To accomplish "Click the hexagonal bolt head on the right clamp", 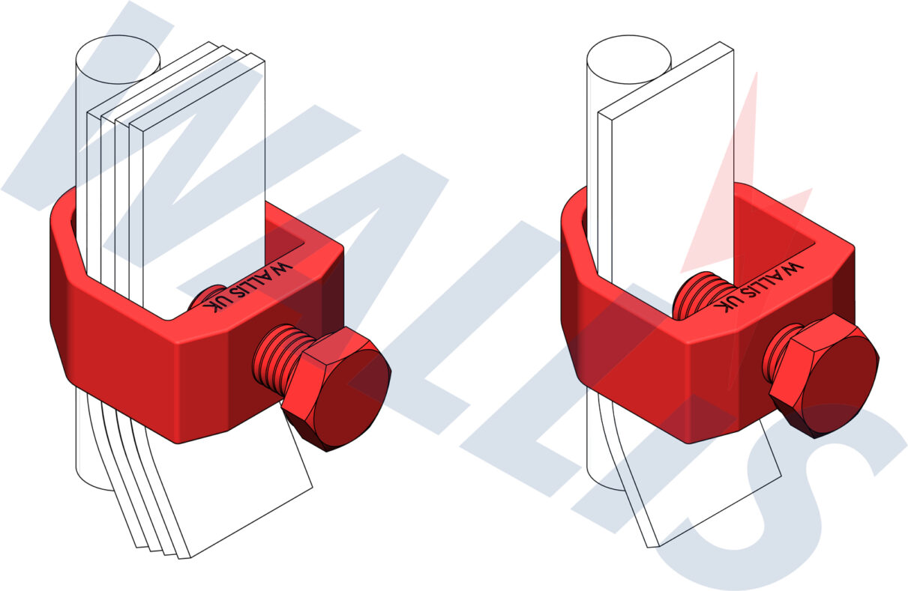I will coord(825,375).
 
